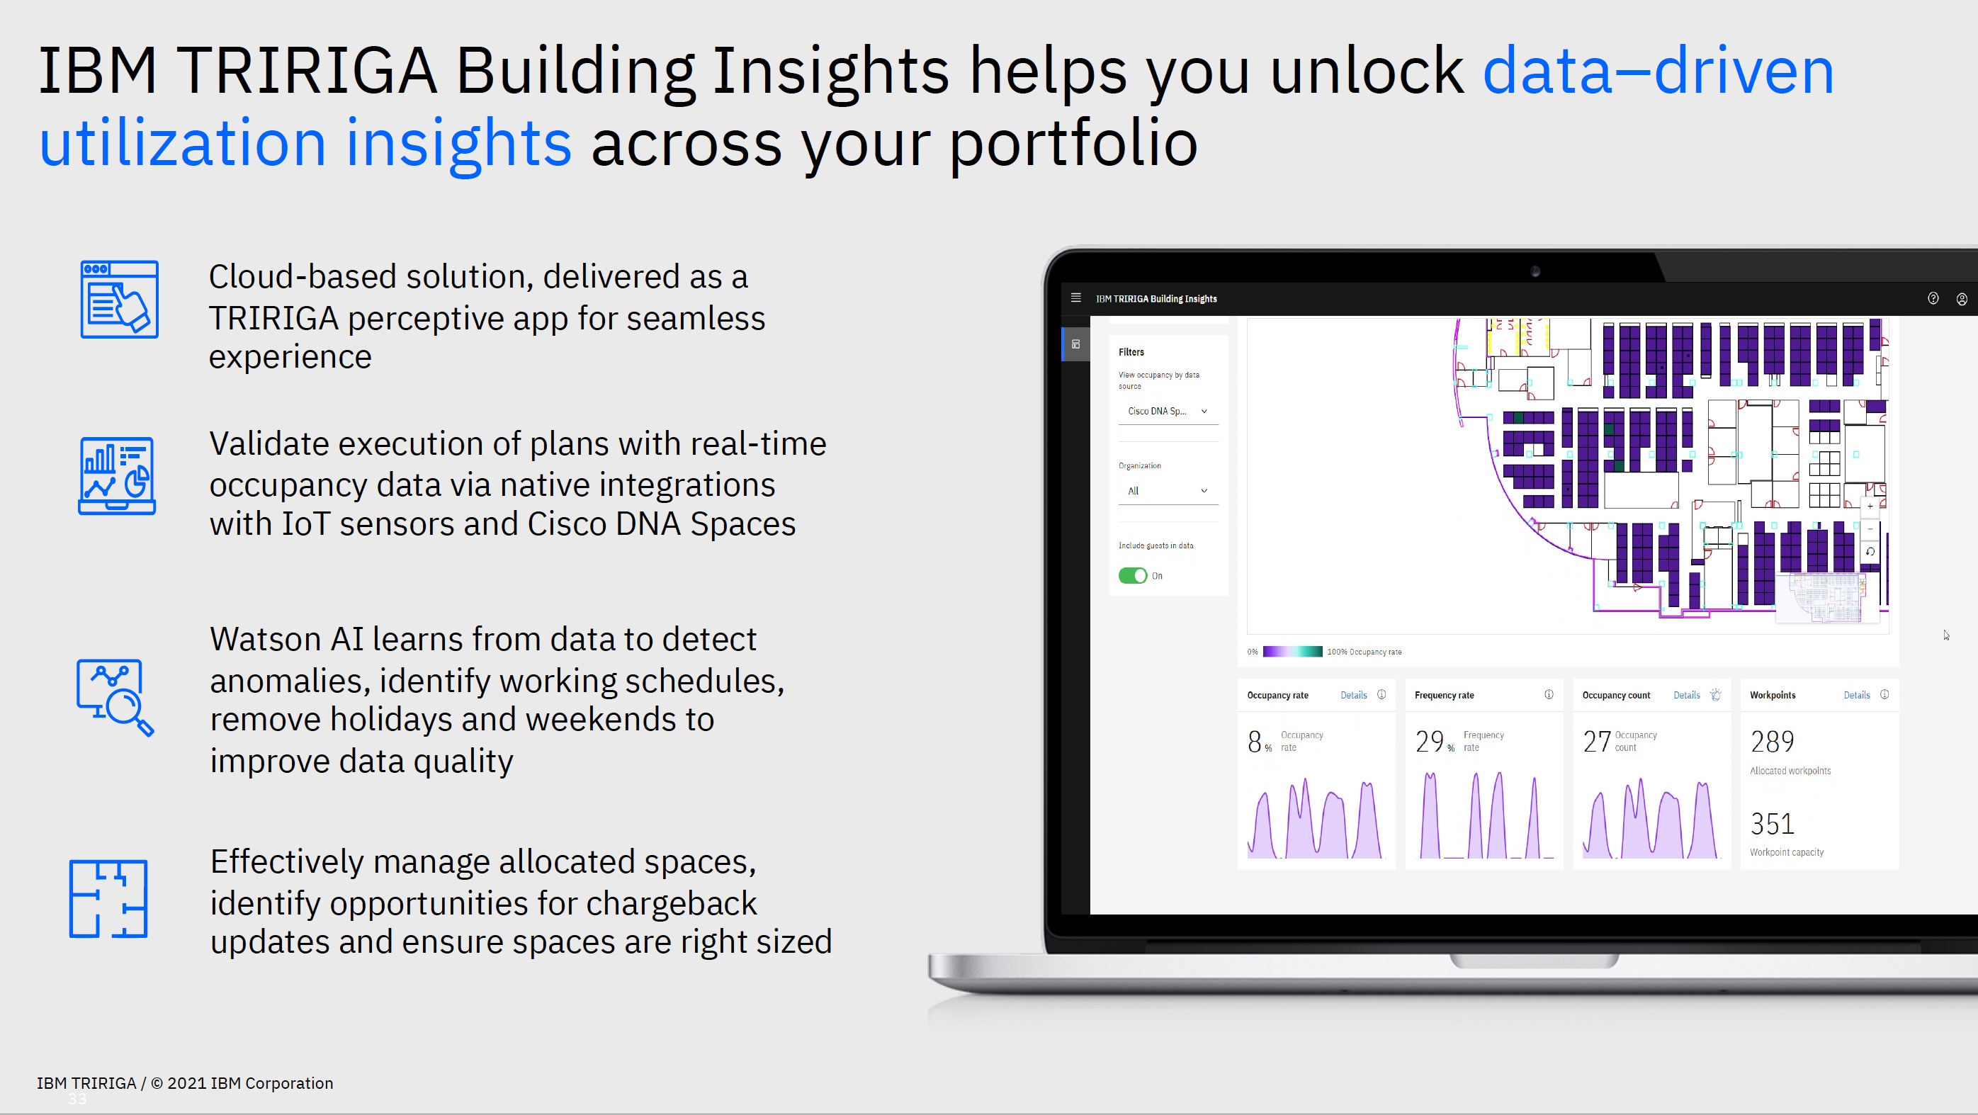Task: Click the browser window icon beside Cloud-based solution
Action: click(x=119, y=300)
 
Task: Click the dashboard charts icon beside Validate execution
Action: click(x=117, y=475)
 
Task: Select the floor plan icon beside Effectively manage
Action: click(x=108, y=898)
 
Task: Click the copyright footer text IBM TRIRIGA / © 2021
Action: click(x=184, y=1082)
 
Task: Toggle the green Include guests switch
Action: click(x=1133, y=575)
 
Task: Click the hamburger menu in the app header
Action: click(x=1075, y=298)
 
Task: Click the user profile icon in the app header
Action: click(x=1961, y=299)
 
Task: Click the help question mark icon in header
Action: click(x=1933, y=299)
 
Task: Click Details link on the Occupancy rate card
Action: click(x=1353, y=695)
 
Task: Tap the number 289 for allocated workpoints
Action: click(x=1771, y=742)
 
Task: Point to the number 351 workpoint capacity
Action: click(x=1771, y=824)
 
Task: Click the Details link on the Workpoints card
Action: click(x=1856, y=695)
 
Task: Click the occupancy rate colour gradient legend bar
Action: click(x=1292, y=651)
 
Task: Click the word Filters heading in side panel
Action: click(x=1130, y=351)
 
